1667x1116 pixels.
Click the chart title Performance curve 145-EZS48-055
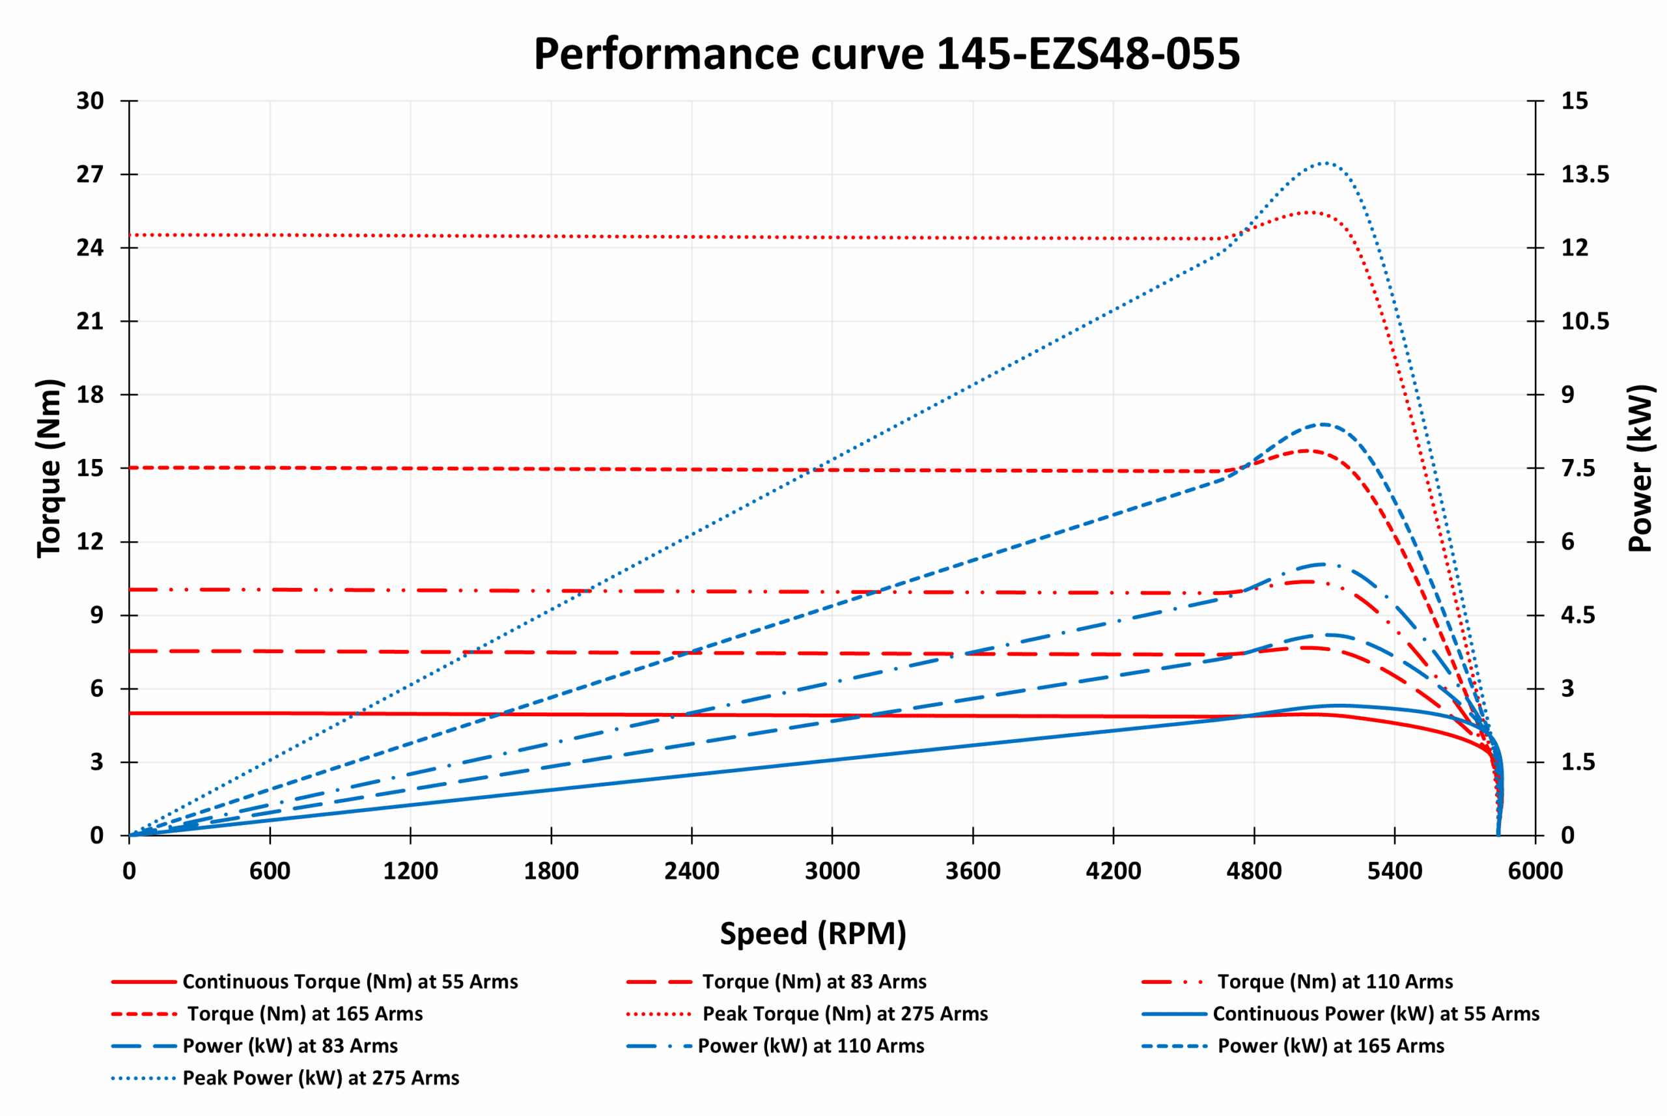tap(886, 54)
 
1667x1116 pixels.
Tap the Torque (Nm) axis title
tap(50, 467)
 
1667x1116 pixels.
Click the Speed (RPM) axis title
tap(813, 933)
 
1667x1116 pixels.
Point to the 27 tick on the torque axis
tap(91, 174)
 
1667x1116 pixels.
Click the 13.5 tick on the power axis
tap(1584, 174)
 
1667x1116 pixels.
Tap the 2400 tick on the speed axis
tap(691, 871)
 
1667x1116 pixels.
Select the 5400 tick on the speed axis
tap(1394, 871)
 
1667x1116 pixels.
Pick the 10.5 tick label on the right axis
tap(1584, 321)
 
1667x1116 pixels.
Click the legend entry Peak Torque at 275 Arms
tap(845, 1014)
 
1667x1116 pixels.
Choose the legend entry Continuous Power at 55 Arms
tap(1375, 1014)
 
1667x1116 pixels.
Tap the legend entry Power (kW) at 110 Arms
tap(811, 1046)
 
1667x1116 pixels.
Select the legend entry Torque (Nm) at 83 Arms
tap(813, 981)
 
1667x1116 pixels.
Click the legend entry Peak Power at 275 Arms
tap(320, 1078)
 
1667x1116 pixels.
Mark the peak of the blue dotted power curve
tap(1323, 163)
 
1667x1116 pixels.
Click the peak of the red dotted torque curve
tap(1311, 212)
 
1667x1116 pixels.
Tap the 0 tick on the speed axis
tap(129, 871)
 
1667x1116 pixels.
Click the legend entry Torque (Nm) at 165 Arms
tap(305, 1014)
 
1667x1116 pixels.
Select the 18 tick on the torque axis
tap(91, 395)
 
